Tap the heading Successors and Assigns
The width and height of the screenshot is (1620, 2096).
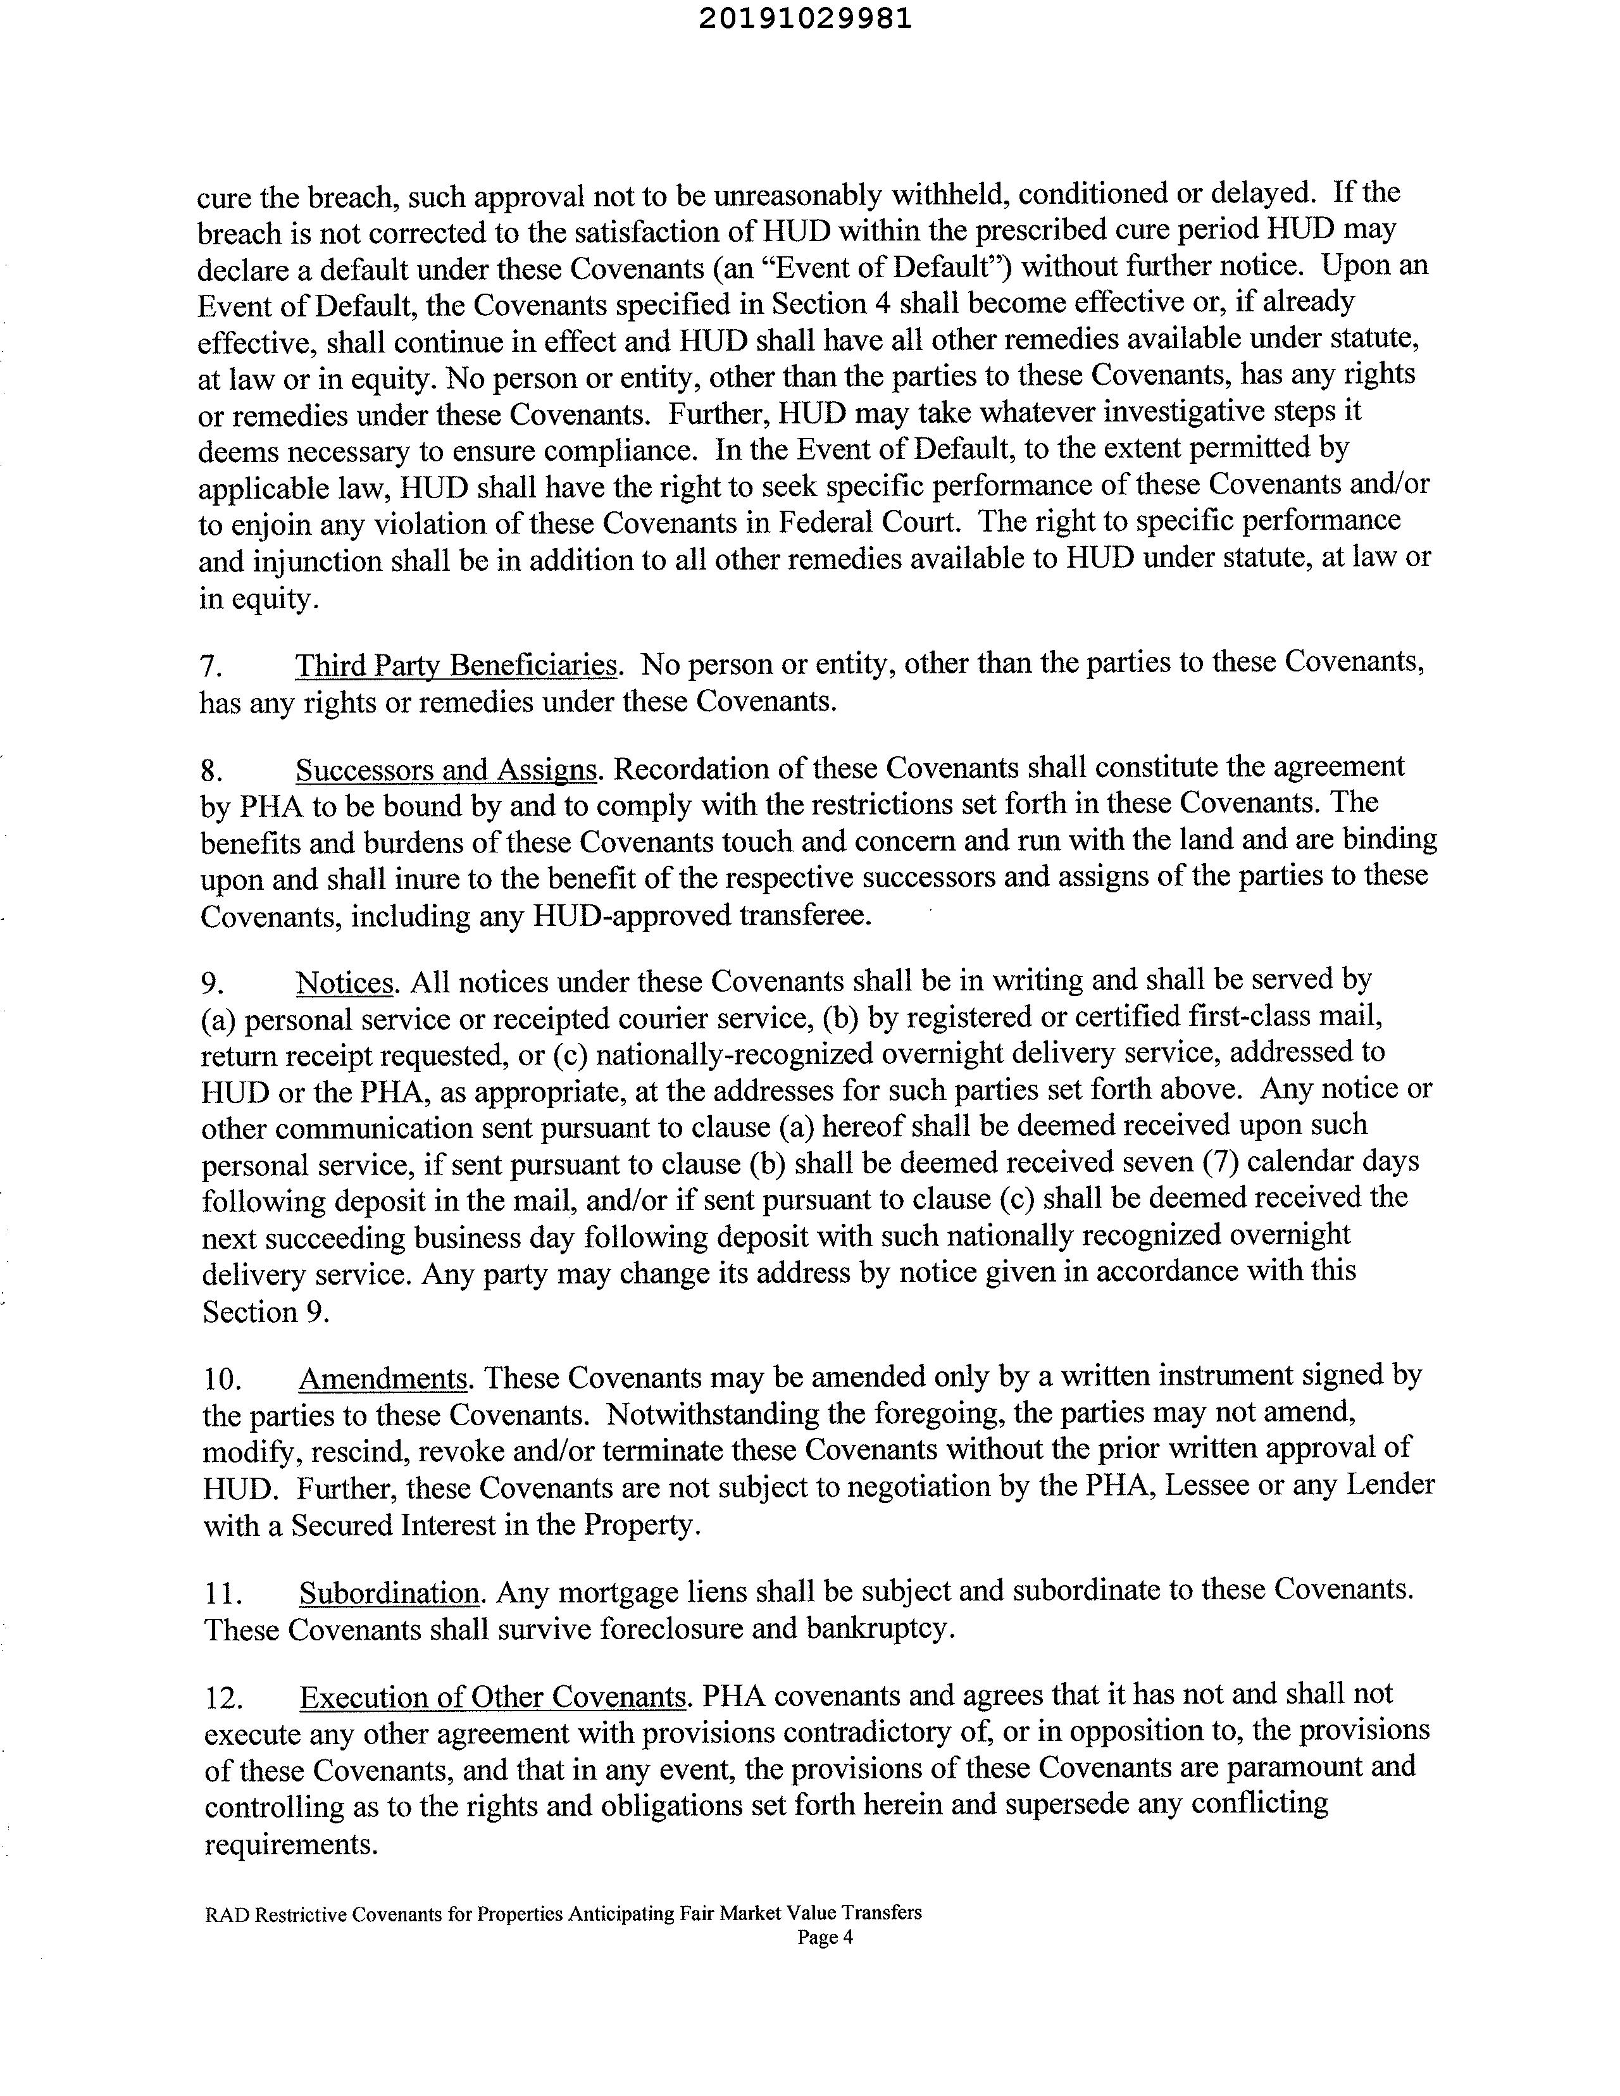tap(446, 770)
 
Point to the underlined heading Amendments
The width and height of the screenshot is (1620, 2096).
tap(383, 1379)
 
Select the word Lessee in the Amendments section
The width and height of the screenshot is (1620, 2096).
tap(1232, 1486)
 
